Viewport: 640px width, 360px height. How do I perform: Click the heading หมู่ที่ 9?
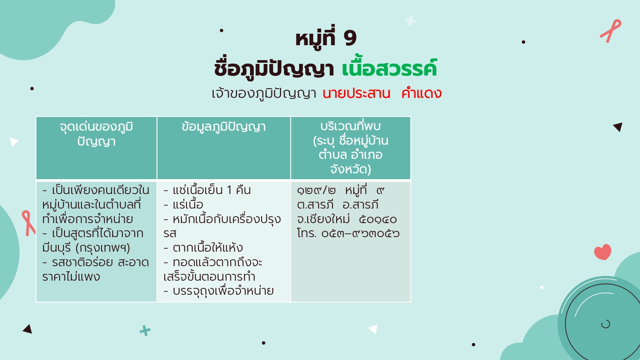(x=326, y=38)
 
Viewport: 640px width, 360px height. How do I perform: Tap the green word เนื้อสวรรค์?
(x=390, y=69)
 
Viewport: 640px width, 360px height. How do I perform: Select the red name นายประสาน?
(x=356, y=93)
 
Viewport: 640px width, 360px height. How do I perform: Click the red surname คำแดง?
(x=422, y=93)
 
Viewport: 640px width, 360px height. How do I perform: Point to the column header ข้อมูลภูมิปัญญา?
(x=224, y=127)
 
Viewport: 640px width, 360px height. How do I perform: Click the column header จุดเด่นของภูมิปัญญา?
(x=96, y=134)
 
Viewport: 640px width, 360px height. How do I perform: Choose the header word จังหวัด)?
(x=351, y=169)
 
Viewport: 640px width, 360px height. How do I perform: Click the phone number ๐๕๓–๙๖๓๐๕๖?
(x=360, y=234)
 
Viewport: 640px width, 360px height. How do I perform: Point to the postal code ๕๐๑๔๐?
(x=378, y=219)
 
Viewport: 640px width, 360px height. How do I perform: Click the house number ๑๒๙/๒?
(x=316, y=190)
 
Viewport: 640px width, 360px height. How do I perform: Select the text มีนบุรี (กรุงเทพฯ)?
(x=86, y=248)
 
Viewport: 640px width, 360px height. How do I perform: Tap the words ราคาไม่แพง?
(x=71, y=276)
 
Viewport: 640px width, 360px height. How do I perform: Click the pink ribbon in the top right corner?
(x=611, y=31)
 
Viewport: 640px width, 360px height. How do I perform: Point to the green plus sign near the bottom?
(x=145, y=331)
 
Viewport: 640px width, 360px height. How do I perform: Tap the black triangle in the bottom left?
(x=28, y=329)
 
